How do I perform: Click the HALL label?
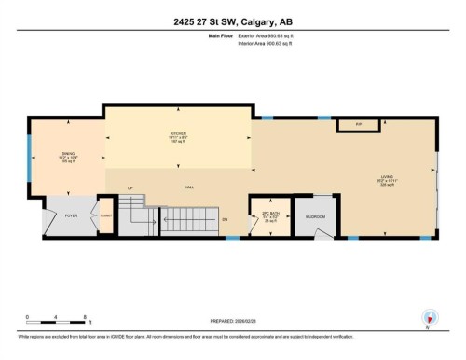point(189,187)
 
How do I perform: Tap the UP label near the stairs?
point(130,187)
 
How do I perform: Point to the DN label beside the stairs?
point(225,219)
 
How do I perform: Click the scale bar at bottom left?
point(55,322)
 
